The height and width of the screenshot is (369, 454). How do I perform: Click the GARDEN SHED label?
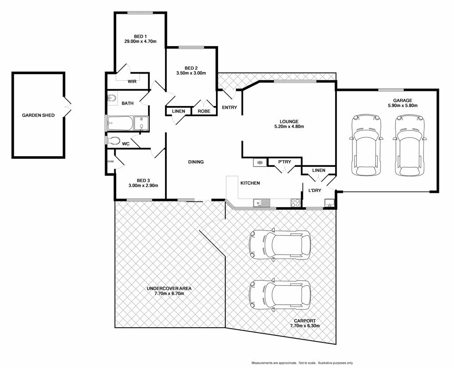pyautogui.click(x=38, y=115)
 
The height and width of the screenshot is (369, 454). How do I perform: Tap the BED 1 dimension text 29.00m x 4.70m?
pyautogui.click(x=140, y=41)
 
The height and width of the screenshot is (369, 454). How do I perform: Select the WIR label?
pyautogui.click(x=132, y=82)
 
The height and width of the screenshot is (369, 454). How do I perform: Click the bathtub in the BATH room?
pyautogui.click(x=120, y=123)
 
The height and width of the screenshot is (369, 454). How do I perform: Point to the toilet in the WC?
pyautogui.click(x=114, y=141)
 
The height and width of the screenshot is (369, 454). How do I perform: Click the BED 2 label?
pyautogui.click(x=191, y=68)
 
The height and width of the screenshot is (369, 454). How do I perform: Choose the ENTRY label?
pyautogui.click(x=230, y=107)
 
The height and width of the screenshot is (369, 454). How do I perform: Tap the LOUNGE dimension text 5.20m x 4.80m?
pyautogui.click(x=289, y=126)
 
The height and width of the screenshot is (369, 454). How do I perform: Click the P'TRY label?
pyautogui.click(x=285, y=162)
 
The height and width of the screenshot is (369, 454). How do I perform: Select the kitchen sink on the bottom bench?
pyautogui.click(x=262, y=203)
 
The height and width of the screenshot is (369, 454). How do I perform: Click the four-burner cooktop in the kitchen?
pyautogui.click(x=295, y=203)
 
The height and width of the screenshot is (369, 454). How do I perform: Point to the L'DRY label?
pyautogui.click(x=315, y=191)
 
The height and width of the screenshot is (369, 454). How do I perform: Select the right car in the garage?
pyautogui.click(x=410, y=145)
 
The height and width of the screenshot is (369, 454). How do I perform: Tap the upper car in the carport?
pyautogui.click(x=280, y=245)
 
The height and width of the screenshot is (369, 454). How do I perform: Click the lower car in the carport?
pyautogui.click(x=280, y=295)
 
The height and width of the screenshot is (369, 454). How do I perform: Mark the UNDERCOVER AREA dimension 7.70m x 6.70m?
pyautogui.click(x=169, y=294)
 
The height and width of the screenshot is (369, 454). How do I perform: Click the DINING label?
pyautogui.click(x=196, y=162)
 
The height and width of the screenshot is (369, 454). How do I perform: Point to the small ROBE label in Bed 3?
pyautogui.click(x=110, y=161)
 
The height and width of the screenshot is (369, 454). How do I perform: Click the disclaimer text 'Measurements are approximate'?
pyautogui.click(x=274, y=363)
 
